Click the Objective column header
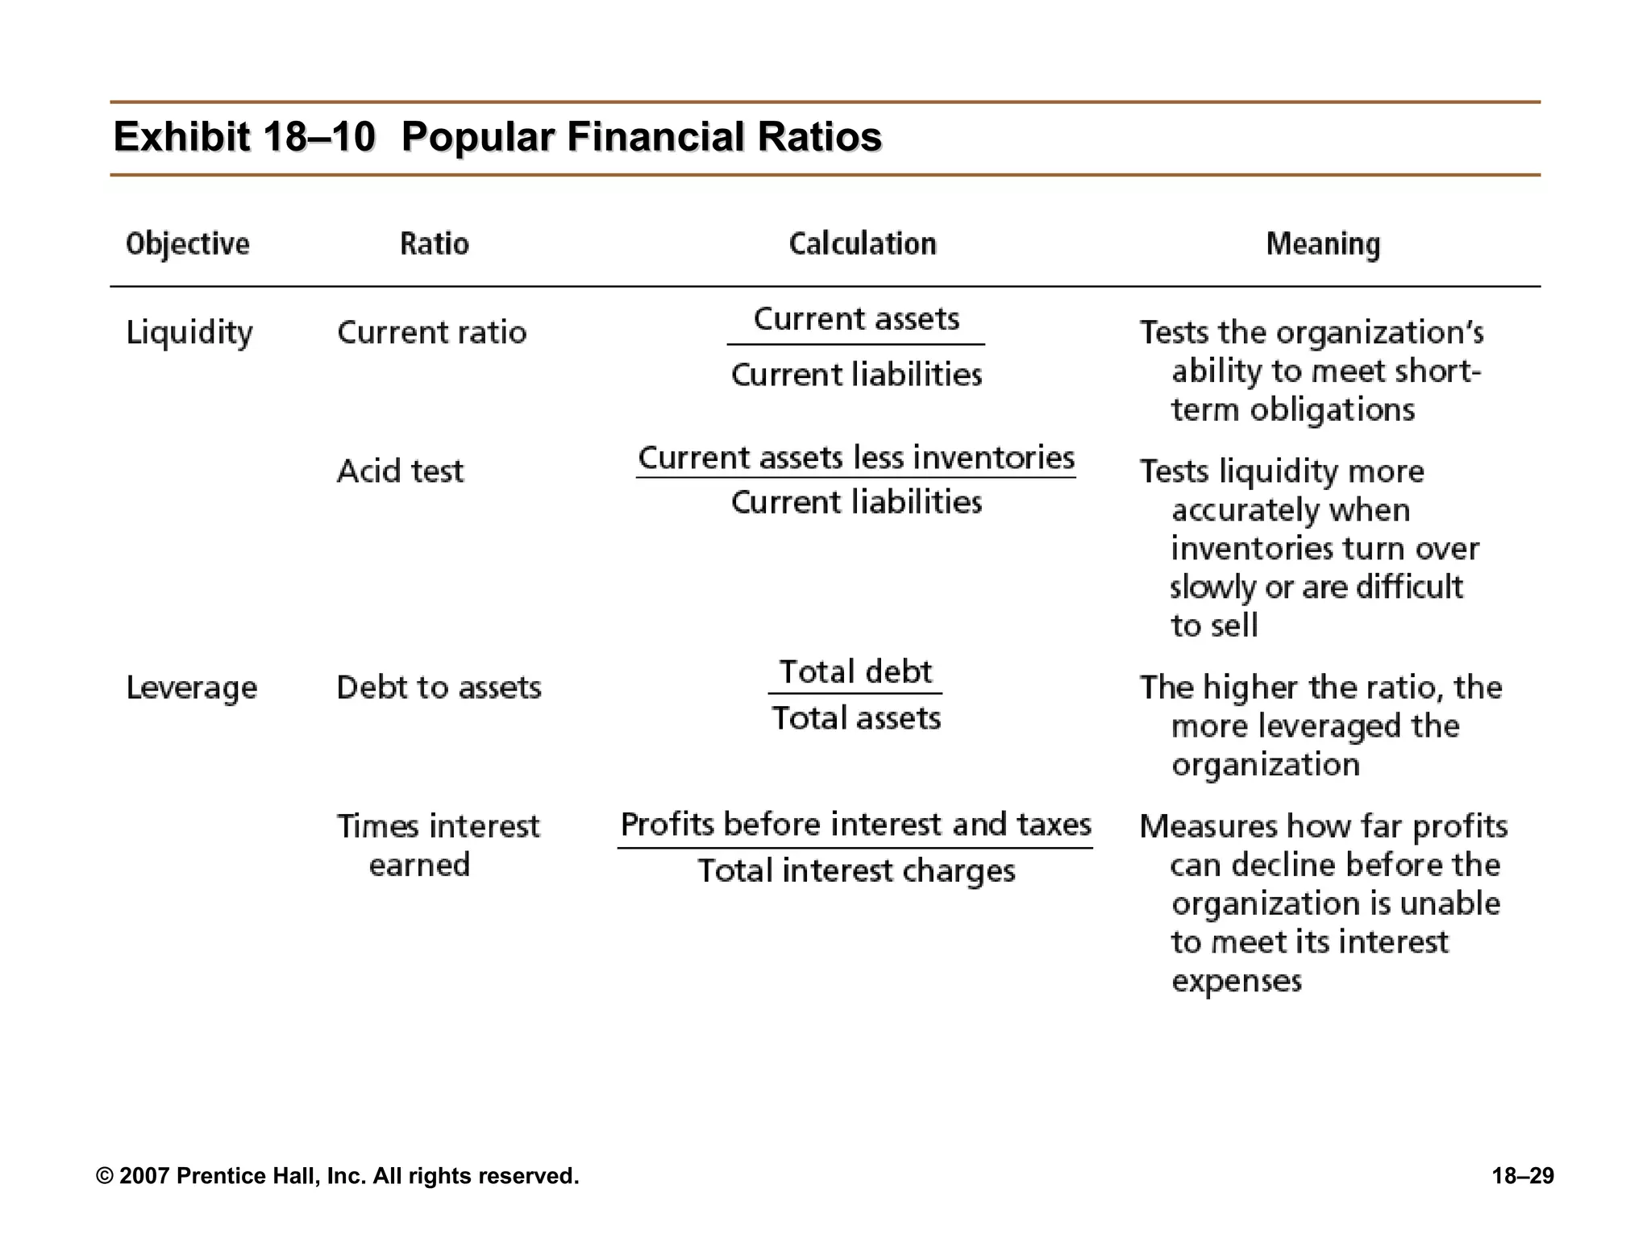click(x=188, y=244)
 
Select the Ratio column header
click(x=435, y=243)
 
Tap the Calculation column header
click(x=863, y=243)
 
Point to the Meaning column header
click(x=1323, y=244)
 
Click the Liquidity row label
click(x=189, y=333)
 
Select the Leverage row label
click(x=192, y=688)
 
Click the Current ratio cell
click(x=431, y=332)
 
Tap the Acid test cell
click(x=400, y=471)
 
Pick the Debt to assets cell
click(x=439, y=688)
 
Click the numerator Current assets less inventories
click(x=856, y=458)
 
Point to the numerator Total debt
click(x=855, y=671)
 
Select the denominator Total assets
click(x=856, y=717)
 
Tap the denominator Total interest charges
click(x=856, y=871)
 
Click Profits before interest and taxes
click(x=856, y=825)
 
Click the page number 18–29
click(x=1522, y=1176)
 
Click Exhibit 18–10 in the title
click(x=244, y=136)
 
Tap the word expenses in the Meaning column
click(x=1237, y=981)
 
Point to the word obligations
click(x=1332, y=409)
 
